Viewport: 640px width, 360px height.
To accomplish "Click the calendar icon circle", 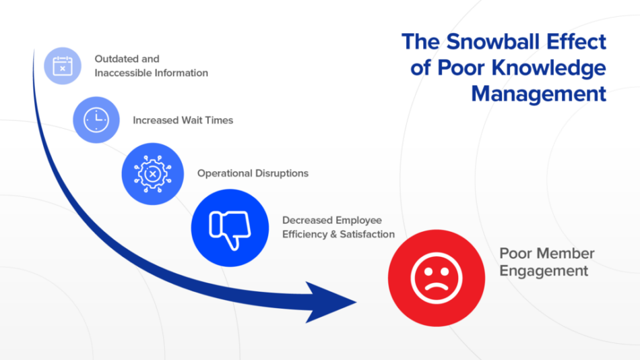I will tap(63, 66).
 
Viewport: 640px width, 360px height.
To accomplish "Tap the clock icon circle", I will tap(96, 119).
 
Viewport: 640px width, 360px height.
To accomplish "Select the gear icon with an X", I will tap(152, 173).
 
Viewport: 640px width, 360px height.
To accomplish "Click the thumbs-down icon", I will tap(230, 228).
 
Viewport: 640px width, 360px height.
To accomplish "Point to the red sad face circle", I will tap(437, 278).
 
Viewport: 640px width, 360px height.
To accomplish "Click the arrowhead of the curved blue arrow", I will tap(333, 301).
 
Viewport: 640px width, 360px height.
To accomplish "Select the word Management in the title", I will tap(538, 93).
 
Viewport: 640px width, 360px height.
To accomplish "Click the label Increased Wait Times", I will tap(183, 120).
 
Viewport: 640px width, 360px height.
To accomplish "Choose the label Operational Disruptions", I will tap(253, 173).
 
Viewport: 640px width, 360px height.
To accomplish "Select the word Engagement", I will tap(543, 271).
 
